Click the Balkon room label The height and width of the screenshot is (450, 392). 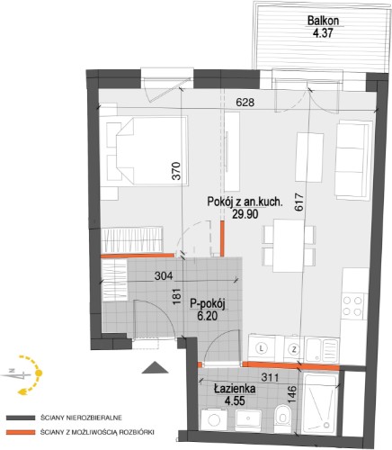click(323, 21)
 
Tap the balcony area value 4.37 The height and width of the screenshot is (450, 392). click(323, 32)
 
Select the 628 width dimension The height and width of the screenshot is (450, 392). click(245, 103)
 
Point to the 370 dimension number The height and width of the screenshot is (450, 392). click(177, 171)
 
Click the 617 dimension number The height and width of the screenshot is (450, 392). click(299, 202)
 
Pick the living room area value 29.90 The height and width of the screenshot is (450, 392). click(245, 214)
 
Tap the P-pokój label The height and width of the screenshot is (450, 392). click(208, 304)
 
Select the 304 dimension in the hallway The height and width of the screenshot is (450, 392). click(164, 275)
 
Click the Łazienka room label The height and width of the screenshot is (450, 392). click(235, 389)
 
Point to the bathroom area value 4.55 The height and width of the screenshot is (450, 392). click(236, 400)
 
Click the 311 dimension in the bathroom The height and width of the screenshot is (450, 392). click(270, 377)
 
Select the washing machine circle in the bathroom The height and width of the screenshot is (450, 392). click(214, 420)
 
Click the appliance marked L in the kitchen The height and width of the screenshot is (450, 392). click(263, 348)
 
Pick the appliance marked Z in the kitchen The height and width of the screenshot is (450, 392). click(294, 349)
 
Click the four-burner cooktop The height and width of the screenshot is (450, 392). click(352, 306)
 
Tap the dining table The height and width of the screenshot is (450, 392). click(289, 246)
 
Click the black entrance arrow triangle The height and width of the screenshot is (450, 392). click(155, 367)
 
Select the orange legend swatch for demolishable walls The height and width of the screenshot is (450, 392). click(21, 432)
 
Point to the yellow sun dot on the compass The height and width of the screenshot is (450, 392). click(39, 373)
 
